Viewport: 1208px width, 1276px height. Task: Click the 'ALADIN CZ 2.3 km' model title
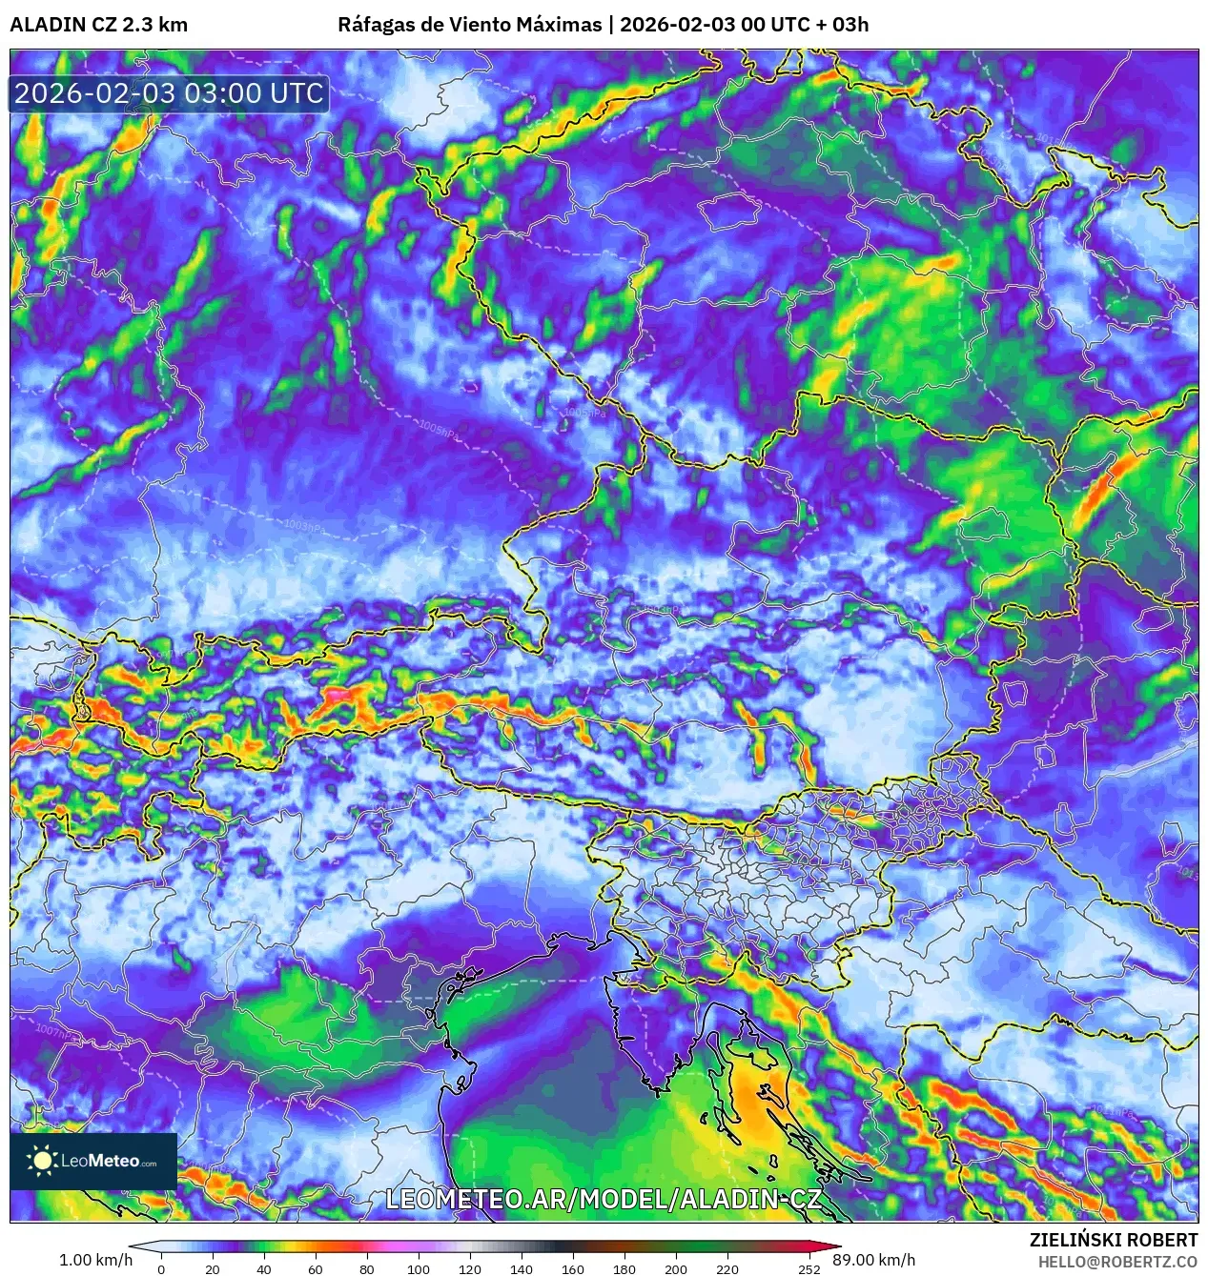(98, 25)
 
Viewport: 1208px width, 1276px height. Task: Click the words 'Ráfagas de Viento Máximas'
(469, 25)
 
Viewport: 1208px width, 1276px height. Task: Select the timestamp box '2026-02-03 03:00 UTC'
(169, 93)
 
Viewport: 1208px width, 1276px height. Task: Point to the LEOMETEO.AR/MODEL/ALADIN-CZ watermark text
(603, 1199)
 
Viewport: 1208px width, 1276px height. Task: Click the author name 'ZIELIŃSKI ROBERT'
(1114, 1240)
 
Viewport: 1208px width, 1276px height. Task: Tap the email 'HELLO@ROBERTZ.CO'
(1117, 1261)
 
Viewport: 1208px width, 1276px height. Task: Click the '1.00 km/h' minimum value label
(95, 1260)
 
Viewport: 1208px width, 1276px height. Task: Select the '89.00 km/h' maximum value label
(873, 1260)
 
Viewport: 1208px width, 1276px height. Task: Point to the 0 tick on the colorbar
(161, 1268)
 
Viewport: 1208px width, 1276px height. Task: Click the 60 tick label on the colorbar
(316, 1268)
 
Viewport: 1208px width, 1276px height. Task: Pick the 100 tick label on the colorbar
(418, 1268)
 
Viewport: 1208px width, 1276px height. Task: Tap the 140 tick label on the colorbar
(521, 1268)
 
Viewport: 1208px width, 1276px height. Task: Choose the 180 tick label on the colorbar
(624, 1268)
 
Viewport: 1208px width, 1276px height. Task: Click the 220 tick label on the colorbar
(727, 1268)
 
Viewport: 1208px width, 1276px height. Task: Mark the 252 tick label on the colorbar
(809, 1268)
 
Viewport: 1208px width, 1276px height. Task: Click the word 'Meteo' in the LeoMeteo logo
(114, 1161)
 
